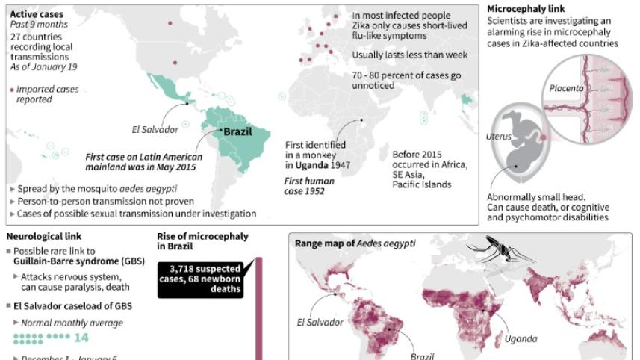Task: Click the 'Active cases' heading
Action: pyautogui.click(x=37, y=13)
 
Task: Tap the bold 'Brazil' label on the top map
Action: pyautogui.click(x=237, y=132)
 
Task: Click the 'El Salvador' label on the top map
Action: pyautogui.click(x=156, y=129)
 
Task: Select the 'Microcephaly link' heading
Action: pyautogui.click(x=520, y=9)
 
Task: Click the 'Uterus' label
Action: pyautogui.click(x=500, y=136)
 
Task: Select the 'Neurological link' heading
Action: pyautogui.click(x=43, y=237)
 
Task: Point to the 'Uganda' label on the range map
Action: pyautogui.click(x=521, y=338)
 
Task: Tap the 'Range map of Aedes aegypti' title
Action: pyautogui.click(x=355, y=243)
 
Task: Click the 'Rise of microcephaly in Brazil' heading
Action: pyautogui.click(x=202, y=241)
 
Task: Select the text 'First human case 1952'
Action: pyautogui.click(x=309, y=186)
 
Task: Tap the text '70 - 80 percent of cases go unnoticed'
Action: pyautogui.click(x=401, y=81)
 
